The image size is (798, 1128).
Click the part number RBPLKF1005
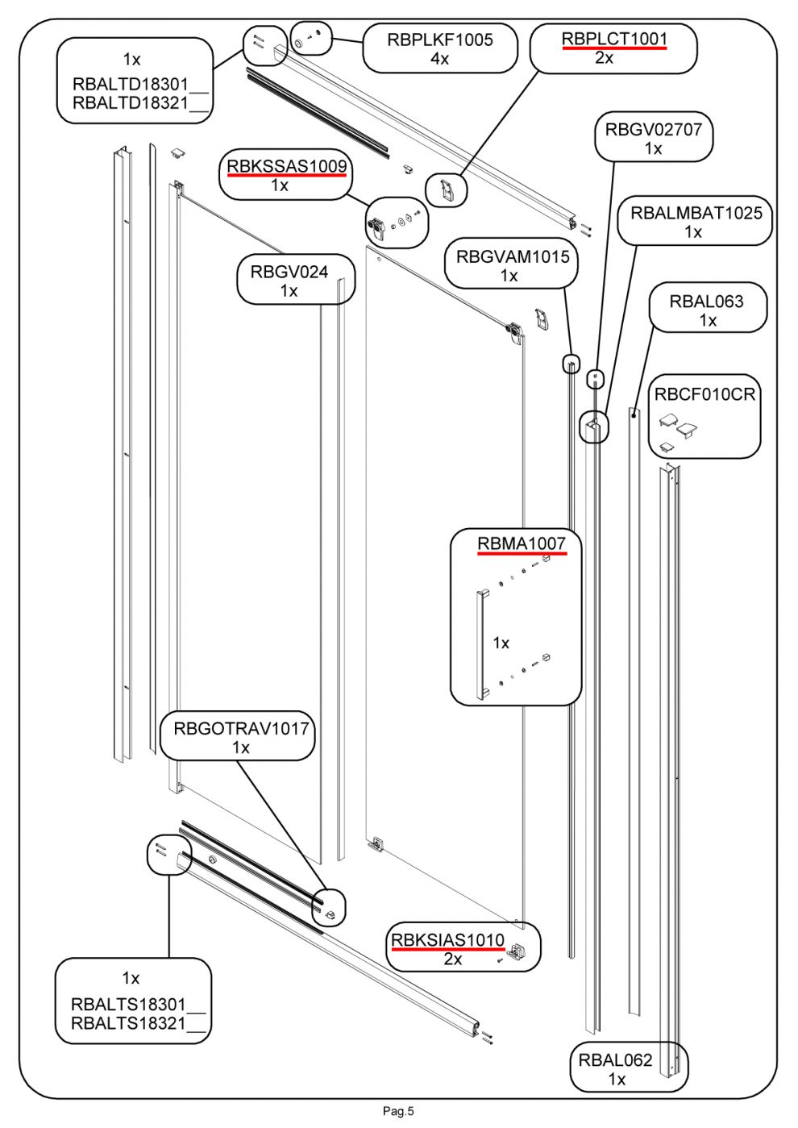coord(439,40)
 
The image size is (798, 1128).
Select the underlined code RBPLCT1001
coord(614,39)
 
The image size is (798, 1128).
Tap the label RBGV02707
coord(653,129)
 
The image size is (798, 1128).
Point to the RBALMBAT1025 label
coord(696,213)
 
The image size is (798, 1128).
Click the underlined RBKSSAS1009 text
coord(286,167)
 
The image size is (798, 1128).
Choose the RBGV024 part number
coord(289,272)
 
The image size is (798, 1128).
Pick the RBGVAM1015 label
coord(512,257)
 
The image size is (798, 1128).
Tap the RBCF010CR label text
coord(704,394)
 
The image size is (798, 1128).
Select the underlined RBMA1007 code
coord(521,544)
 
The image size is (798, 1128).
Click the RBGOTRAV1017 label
coord(241,729)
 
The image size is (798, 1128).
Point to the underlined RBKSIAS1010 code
coord(447,940)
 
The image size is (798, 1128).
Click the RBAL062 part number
coord(615,1060)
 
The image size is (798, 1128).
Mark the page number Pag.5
coord(398,1111)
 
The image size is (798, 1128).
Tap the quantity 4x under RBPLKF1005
coord(439,59)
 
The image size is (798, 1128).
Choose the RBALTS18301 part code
coord(128,1005)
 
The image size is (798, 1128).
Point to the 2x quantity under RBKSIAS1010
coord(453,959)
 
